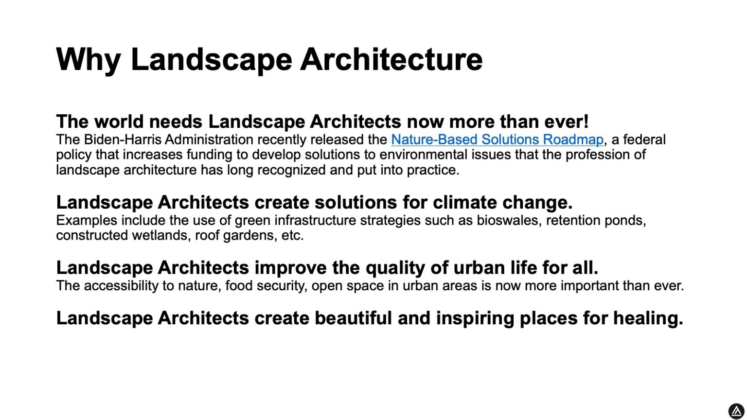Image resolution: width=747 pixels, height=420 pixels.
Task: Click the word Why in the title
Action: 88,59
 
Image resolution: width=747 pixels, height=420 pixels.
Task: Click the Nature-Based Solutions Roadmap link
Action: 497,140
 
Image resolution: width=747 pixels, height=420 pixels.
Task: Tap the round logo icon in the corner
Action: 736,411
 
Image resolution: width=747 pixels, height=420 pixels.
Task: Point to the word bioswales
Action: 508,220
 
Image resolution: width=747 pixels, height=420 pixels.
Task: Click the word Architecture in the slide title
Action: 391,59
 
